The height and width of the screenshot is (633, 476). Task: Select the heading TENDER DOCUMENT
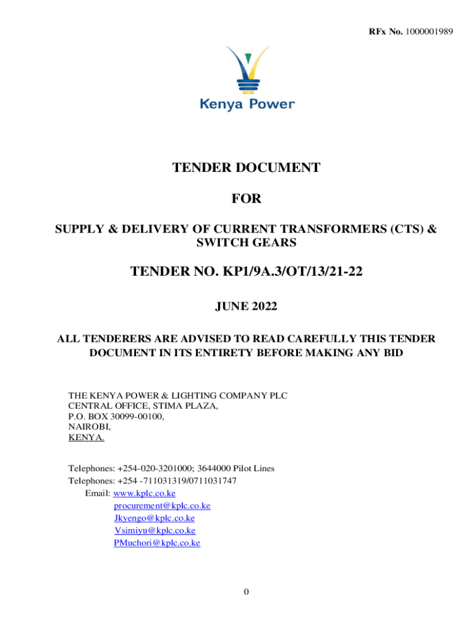pyautogui.click(x=246, y=168)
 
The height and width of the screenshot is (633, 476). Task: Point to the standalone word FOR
pyautogui.click(x=246, y=199)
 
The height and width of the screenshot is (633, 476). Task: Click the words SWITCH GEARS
pyautogui.click(x=246, y=243)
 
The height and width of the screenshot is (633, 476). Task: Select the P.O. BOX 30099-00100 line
pyautogui.click(x=116, y=417)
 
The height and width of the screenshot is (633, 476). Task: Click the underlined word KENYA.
pyautogui.click(x=87, y=438)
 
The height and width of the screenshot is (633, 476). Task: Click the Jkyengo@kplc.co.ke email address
pyautogui.click(x=155, y=518)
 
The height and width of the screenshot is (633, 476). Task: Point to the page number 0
pyautogui.click(x=246, y=592)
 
